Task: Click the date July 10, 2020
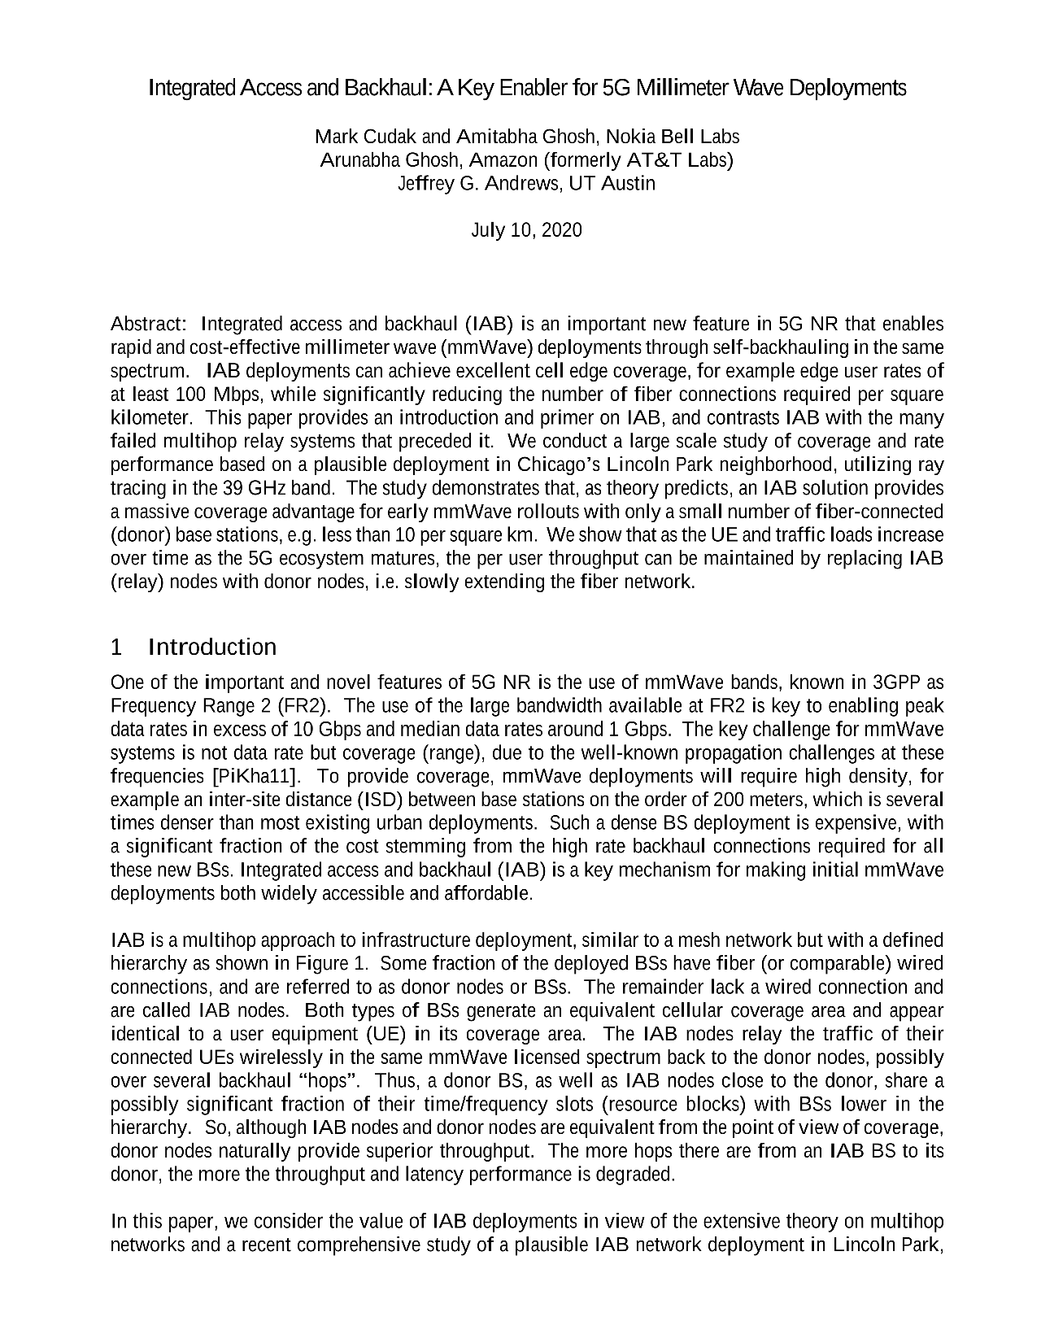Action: click(x=526, y=230)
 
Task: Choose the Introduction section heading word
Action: click(x=212, y=648)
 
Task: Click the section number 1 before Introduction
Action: click(x=116, y=648)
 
